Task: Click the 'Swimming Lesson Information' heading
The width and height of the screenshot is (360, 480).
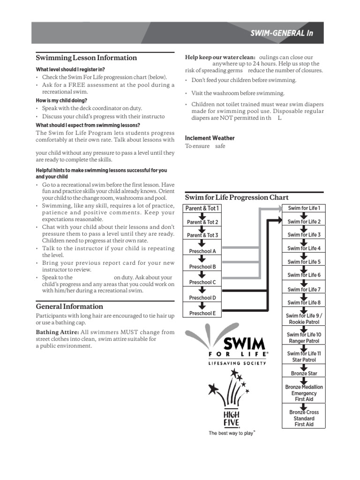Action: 86,58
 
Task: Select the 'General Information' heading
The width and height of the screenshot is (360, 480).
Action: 69,307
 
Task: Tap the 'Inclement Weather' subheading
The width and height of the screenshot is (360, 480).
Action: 210,138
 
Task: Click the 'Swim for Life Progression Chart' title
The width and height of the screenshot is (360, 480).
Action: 237,197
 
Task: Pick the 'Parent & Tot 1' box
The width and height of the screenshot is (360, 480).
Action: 202,208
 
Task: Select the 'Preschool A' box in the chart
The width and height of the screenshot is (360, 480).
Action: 202,251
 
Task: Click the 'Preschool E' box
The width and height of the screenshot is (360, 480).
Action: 202,313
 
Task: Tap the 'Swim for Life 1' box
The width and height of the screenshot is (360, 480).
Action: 304,208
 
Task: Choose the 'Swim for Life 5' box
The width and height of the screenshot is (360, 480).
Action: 304,262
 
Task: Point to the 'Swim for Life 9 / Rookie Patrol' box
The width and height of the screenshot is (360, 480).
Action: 304,319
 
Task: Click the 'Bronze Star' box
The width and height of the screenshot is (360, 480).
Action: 304,374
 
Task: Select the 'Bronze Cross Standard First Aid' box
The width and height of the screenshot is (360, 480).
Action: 304,418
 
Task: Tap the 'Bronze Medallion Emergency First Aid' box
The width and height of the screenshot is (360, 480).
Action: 304,393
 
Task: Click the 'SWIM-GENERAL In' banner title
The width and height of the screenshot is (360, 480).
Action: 281,33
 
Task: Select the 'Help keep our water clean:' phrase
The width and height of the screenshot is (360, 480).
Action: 220,57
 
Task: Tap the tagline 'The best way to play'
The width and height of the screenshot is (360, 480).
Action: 232,434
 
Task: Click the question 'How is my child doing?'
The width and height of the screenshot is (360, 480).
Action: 61,100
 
